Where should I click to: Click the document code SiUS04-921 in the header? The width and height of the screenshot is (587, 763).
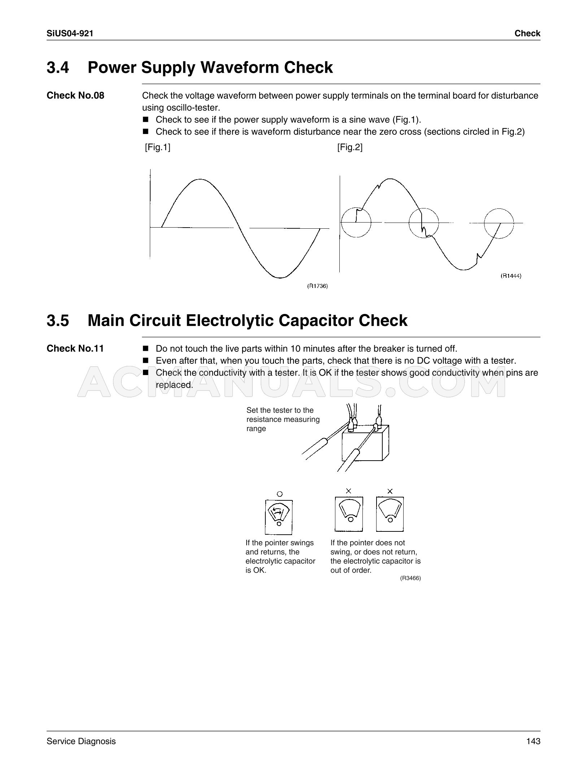(70, 34)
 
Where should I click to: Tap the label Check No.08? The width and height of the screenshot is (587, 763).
(75, 95)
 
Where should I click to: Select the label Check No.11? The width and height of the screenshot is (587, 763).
(75, 349)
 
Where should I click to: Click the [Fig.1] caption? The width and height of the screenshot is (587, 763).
(157, 147)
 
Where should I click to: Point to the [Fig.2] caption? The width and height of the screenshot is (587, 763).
(350, 147)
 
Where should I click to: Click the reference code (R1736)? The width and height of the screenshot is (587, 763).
(317, 286)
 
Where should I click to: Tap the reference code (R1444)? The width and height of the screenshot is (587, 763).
(511, 276)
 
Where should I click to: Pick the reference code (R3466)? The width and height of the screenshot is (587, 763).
(410, 578)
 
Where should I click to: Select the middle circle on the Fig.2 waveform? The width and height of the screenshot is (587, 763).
(423, 223)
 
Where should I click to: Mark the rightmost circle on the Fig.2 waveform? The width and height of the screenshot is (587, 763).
(499, 223)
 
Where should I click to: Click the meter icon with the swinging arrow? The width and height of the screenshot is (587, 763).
(279, 517)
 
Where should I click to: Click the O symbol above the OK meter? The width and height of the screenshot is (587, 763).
(279, 494)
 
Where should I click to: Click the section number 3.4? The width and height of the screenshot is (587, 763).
(58, 68)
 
